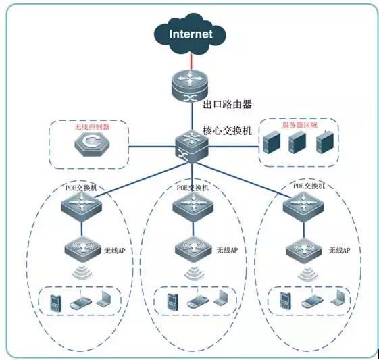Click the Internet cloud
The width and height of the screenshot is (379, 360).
(x=190, y=33)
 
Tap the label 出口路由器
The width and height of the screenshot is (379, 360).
(x=228, y=105)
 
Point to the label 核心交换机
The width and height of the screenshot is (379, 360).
(x=227, y=130)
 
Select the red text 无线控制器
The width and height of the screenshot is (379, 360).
(x=91, y=126)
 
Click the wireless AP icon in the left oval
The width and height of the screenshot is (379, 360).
(x=81, y=249)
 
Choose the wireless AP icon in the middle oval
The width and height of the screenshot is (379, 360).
(x=193, y=249)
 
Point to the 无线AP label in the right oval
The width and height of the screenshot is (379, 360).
(x=339, y=250)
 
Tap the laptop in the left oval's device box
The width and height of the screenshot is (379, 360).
(x=104, y=301)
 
